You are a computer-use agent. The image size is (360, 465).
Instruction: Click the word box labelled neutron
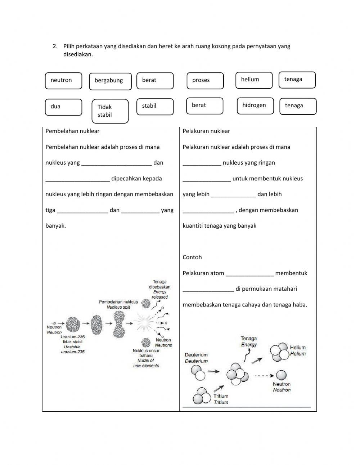tap(63, 81)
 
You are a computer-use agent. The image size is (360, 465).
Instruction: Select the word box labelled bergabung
tap(110, 81)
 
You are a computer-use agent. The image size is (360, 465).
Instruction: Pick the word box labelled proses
tap(205, 81)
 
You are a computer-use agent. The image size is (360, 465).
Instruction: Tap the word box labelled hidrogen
tap(255, 106)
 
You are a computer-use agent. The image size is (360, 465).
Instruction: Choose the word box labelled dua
tap(63, 107)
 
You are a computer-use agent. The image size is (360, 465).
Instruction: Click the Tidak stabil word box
tap(110, 111)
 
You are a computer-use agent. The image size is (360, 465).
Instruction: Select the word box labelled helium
tap(254, 80)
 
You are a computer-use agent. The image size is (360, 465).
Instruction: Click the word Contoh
tap(192, 257)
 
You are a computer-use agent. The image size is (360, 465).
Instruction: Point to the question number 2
tap(55, 46)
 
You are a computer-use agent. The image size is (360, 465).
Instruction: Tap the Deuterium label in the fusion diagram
tap(196, 358)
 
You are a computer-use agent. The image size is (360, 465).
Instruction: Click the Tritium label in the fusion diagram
tap(221, 399)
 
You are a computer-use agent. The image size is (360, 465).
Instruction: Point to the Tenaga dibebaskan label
tap(159, 289)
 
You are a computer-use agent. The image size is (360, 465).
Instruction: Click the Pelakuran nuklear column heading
tap(206, 131)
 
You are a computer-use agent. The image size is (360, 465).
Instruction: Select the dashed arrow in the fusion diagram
tap(265, 376)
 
